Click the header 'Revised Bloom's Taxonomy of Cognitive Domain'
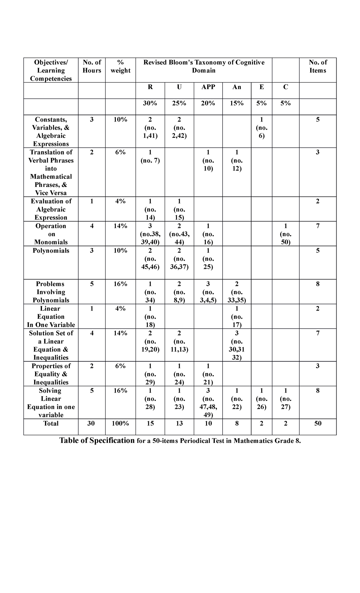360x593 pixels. [204, 66]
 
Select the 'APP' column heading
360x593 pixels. [208, 87]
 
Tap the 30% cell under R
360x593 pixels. [150, 103]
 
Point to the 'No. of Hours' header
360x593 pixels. [92, 66]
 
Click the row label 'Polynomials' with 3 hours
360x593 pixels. [51, 251]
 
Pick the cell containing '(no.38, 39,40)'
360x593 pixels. [150, 234]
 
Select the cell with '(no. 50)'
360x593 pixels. [285, 234]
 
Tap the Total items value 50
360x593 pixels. [318, 423]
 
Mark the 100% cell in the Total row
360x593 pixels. [120, 423]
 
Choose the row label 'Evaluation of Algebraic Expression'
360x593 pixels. [51, 209]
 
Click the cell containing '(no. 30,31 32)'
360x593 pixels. [237, 345]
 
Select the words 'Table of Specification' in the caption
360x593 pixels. [97, 441]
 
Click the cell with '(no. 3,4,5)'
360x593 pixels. [208, 292]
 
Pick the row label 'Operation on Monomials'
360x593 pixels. [51, 234]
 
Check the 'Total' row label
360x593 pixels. [51, 423]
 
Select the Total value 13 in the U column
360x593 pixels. [179, 423]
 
